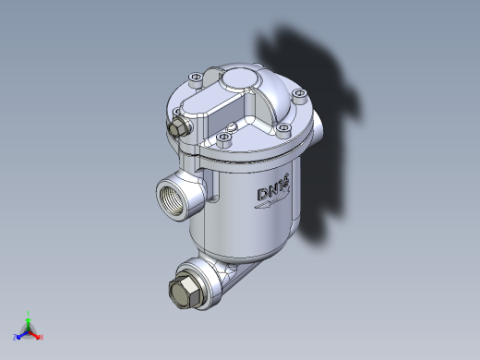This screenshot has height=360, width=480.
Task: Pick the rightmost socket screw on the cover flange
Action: (299, 95)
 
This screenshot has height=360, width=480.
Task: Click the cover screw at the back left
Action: (192, 78)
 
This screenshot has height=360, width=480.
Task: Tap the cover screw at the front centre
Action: (223, 140)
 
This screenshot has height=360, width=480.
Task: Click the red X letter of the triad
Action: (42, 337)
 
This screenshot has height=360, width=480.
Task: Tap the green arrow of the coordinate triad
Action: (29, 322)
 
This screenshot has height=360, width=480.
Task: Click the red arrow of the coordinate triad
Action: (35, 333)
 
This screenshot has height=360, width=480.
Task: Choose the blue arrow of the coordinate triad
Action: (22, 333)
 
